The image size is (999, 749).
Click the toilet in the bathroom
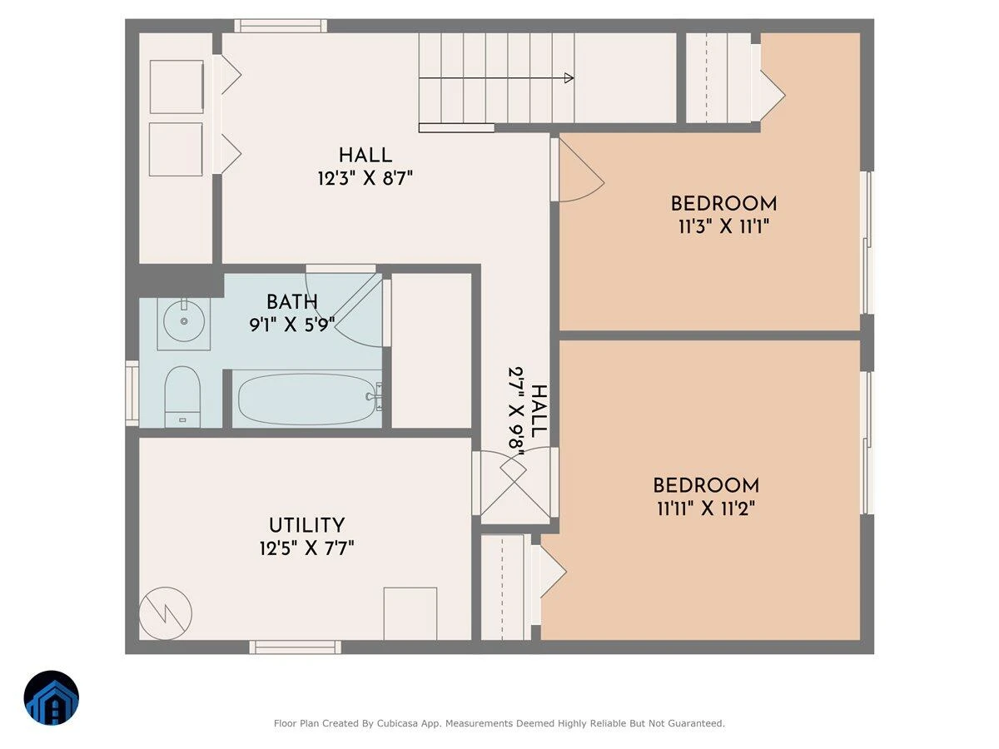point(182,397)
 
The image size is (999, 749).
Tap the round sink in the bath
point(184,321)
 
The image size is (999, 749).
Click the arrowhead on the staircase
point(569,77)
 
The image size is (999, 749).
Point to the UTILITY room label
point(306,526)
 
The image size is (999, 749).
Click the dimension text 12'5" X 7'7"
point(306,548)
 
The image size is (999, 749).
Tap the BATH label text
point(291,302)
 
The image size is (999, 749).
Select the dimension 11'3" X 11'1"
point(723,226)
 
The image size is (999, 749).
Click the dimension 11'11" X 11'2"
point(706,508)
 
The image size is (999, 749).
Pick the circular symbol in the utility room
point(165,613)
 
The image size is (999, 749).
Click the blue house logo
point(52,697)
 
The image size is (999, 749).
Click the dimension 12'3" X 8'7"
point(365,178)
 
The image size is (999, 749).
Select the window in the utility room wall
point(296,647)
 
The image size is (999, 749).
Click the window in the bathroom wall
point(132,394)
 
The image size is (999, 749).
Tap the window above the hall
point(281,26)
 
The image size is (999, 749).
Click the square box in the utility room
point(410,613)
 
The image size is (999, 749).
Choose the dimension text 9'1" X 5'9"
point(292,325)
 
